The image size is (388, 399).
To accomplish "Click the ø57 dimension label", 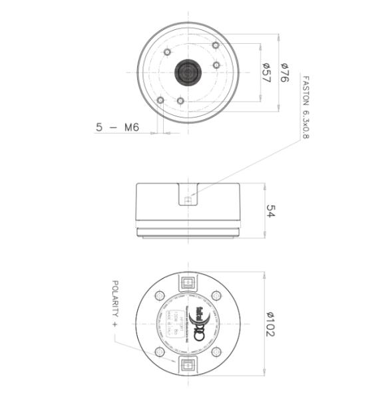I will click(x=266, y=73).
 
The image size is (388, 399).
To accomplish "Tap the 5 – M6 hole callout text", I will click(x=117, y=127).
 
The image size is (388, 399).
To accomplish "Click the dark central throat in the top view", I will click(x=188, y=72).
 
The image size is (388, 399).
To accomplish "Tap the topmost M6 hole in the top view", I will click(x=215, y=45).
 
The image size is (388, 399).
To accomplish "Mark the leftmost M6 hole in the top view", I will click(x=160, y=100).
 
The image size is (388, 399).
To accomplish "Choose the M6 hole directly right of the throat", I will click(x=216, y=65).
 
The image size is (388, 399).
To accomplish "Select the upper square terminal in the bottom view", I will click(x=188, y=281).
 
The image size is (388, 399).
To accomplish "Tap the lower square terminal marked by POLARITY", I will click(x=188, y=364).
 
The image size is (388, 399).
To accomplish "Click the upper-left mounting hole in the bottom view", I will click(x=160, y=296).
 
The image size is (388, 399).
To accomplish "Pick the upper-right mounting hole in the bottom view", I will click(x=216, y=296).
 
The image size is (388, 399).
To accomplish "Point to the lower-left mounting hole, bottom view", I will click(x=160, y=352).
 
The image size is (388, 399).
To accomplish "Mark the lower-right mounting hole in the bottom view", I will click(x=216, y=352).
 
